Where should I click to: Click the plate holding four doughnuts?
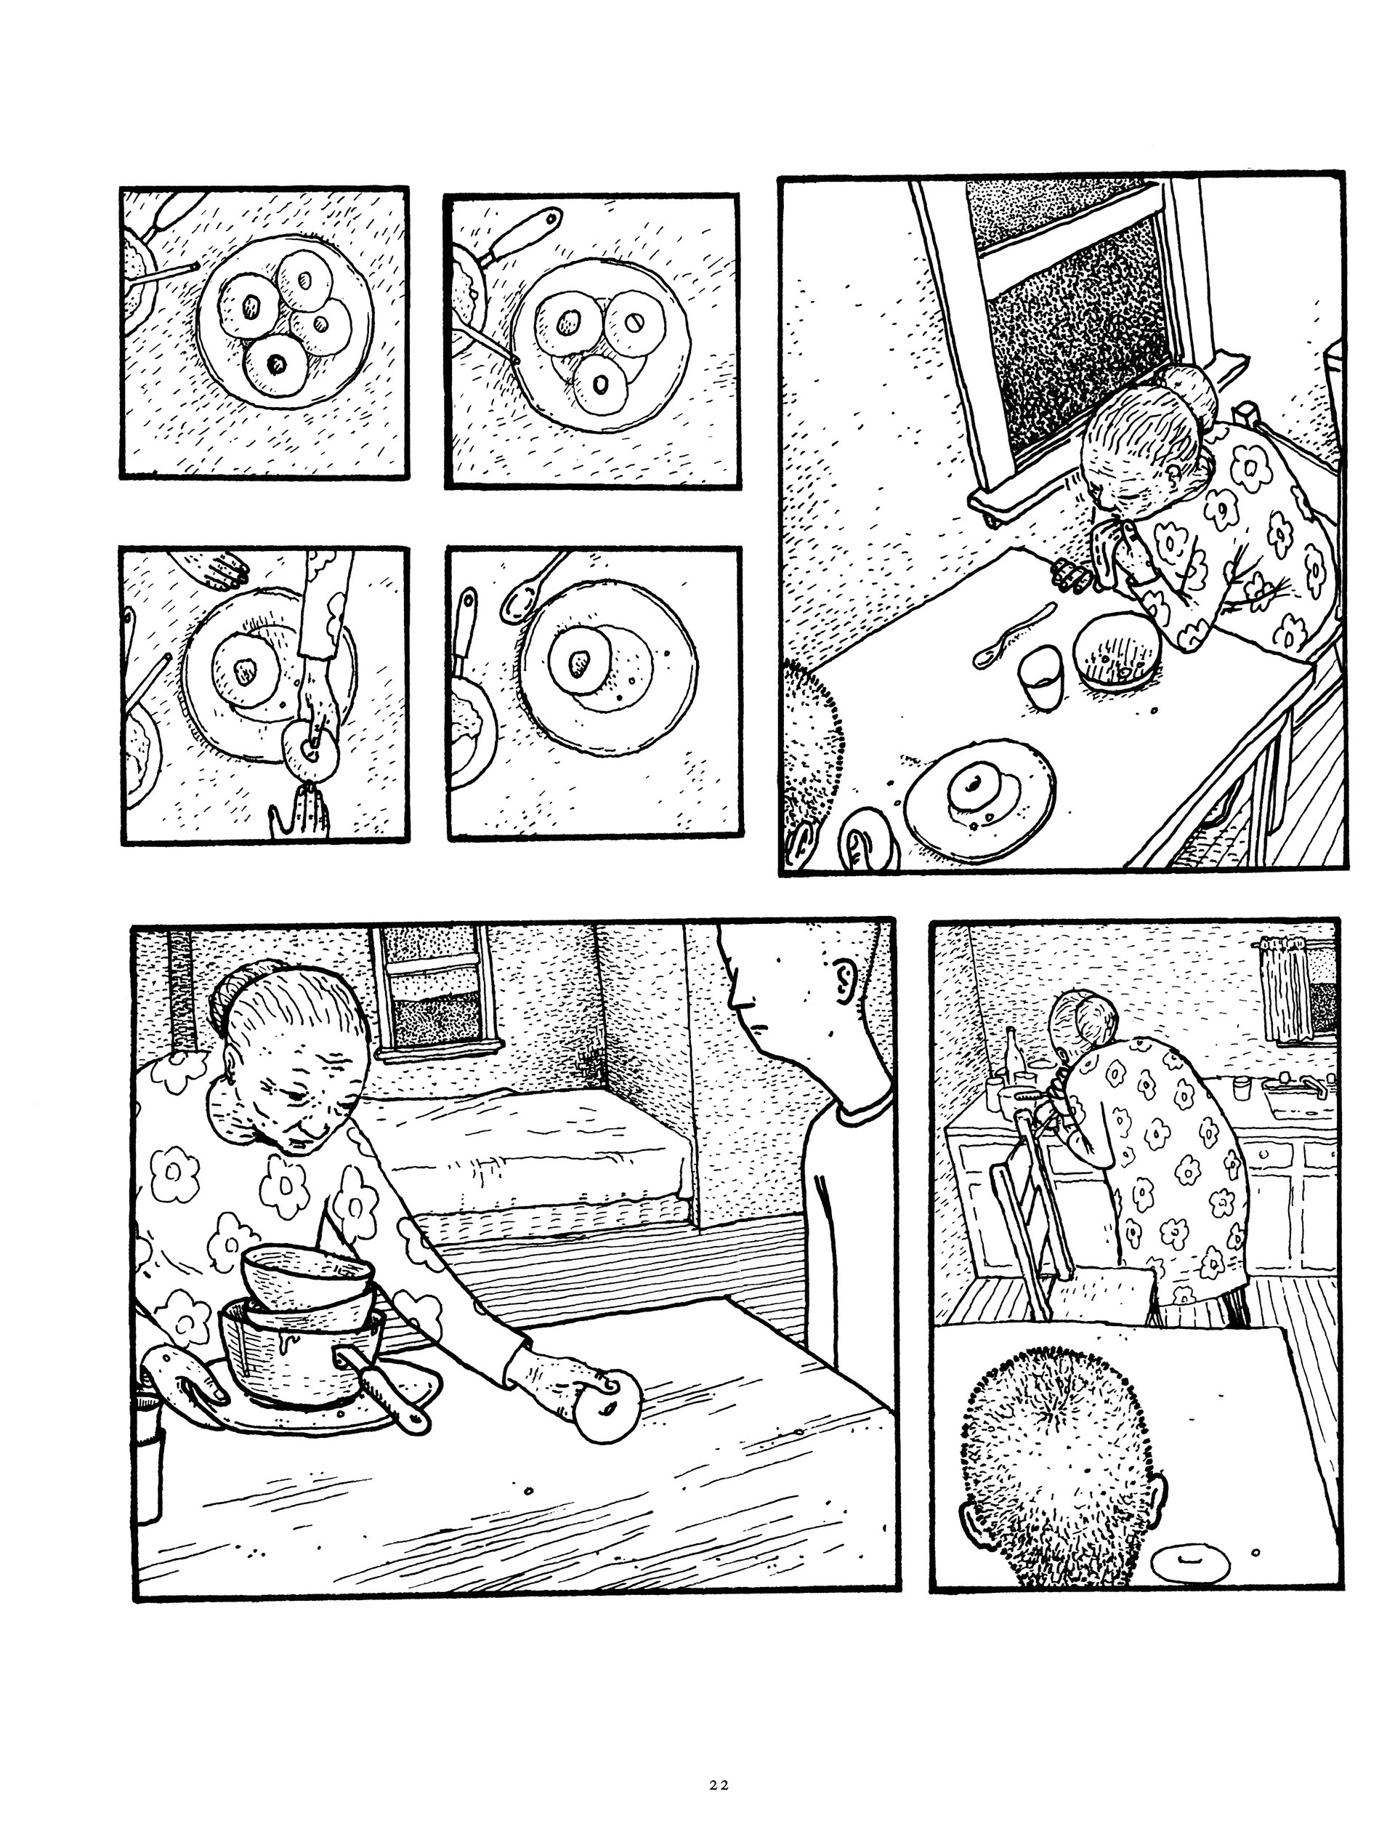284,332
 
